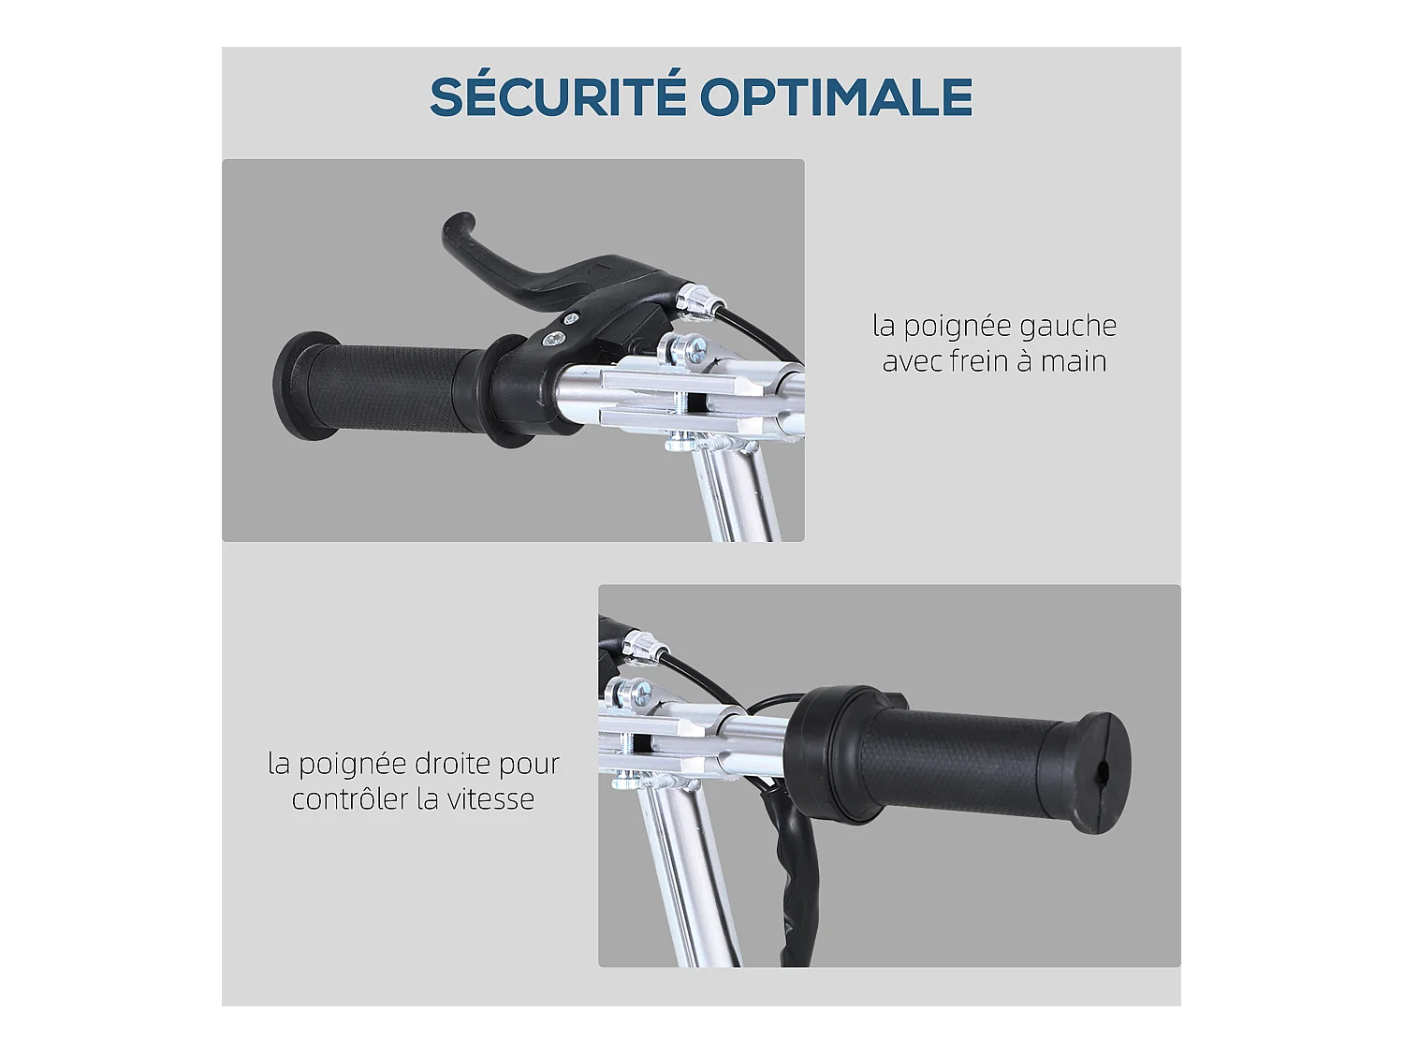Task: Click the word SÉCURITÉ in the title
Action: pos(556,96)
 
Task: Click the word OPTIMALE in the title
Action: pos(836,96)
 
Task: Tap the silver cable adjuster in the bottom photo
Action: pos(643,644)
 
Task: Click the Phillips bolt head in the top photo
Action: pos(697,353)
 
